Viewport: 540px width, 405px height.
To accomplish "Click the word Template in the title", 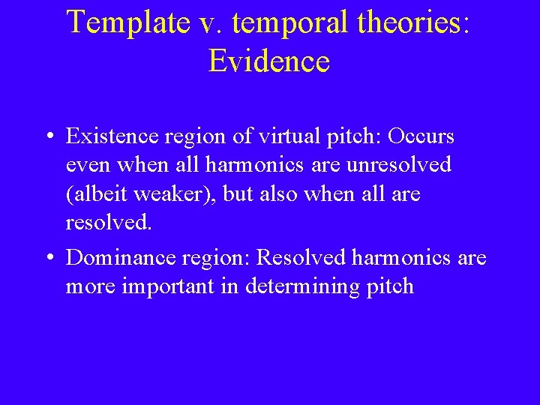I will coord(128,22).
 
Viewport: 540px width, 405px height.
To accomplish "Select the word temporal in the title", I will coord(280,24).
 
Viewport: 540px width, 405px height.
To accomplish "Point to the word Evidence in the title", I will coord(269,61).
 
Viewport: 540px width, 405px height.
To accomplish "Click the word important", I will coord(175,286).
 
